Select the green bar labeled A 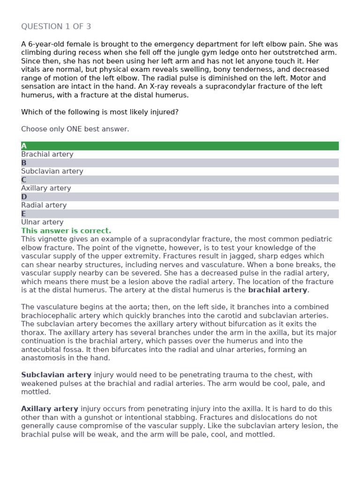[x=180, y=146]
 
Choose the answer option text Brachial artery [x=47, y=154]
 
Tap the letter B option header [x=24, y=163]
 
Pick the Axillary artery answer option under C [x=46, y=188]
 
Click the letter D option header [x=24, y=197]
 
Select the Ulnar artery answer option [x=42, y=222]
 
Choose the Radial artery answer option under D [x=44, y=205]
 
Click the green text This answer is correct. [x=66, y=231]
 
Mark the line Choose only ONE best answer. [x=75, y=129]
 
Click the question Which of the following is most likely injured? [x=100, y=112]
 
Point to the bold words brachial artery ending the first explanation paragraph [x=277, y=290]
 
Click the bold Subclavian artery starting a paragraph [x=56, y=375]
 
